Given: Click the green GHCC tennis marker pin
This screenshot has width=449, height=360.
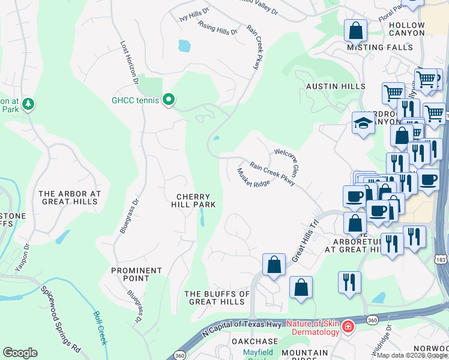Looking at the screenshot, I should [169, 100].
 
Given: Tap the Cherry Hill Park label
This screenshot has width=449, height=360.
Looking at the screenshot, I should [193, 201].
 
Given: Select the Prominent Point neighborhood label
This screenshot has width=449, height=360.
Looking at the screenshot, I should [136, 274].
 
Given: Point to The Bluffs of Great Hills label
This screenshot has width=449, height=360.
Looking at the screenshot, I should [217, 298].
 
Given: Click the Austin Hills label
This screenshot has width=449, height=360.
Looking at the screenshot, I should [335, 86].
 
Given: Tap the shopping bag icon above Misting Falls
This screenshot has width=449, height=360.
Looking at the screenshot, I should [355, 31].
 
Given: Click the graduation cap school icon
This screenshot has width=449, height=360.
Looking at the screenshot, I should [363, 124].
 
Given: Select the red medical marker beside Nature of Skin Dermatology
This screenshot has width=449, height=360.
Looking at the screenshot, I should [348, 327].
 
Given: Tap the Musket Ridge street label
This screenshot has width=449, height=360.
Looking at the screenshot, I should [253, 177].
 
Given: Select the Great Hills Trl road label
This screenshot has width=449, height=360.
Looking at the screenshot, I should [304, 239].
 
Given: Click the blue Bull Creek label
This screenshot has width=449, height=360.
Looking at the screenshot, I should [100, 328].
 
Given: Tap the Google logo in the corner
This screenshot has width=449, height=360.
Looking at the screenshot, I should [20, 352].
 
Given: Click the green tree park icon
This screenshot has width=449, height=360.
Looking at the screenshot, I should [28, 105].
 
